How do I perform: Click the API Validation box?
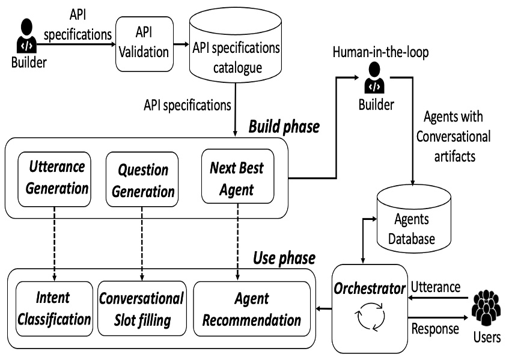click(144, 44)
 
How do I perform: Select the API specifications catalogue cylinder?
click(235, 45)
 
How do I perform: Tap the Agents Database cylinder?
click(413, 219)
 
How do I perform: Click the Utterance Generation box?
click(54, 179)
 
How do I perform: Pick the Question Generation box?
click(142, 179)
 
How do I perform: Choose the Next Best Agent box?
click(237, 176)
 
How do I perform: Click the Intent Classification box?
click(54, 309)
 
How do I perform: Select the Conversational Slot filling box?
click(142, 309)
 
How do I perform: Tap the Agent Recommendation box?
click(252, 309)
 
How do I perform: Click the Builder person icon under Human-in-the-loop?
click(374, 78)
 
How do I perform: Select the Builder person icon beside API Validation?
click(26, 35)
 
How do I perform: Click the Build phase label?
click(284, 126)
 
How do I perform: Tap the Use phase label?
click(284, 258)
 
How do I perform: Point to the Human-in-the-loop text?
click(381, 52)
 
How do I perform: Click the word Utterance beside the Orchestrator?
click(436, 287)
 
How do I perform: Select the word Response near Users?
click(435, 329)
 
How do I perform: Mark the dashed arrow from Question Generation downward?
click(142, 244)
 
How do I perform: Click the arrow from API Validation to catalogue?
click(181, 44)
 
